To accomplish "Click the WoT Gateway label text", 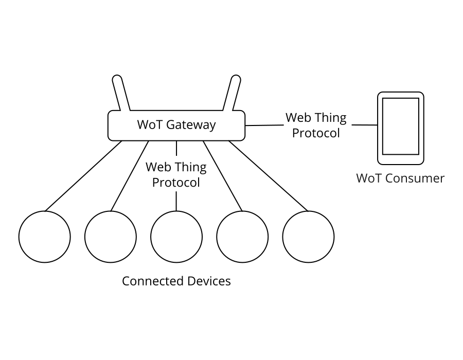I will click(176, 125).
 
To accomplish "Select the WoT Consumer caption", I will click(400, 178).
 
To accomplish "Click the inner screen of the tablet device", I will click(400, 126).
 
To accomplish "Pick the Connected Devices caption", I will click(176, 281).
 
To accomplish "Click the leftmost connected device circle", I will click(45, 237).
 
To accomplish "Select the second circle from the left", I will click(111, 237).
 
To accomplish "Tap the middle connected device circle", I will click(176, 237).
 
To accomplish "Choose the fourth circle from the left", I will click(242, 237).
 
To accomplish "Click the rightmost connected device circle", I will click(308, 237).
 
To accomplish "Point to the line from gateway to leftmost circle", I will click(83, 176).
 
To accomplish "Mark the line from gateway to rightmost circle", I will click(269, 176).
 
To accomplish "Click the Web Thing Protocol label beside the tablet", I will click(316, 125).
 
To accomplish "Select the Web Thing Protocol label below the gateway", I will click(176, 175).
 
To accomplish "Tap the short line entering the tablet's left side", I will click(364, 125).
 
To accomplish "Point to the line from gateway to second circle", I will click(130, 176).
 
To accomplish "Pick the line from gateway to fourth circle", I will click(223, 176).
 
